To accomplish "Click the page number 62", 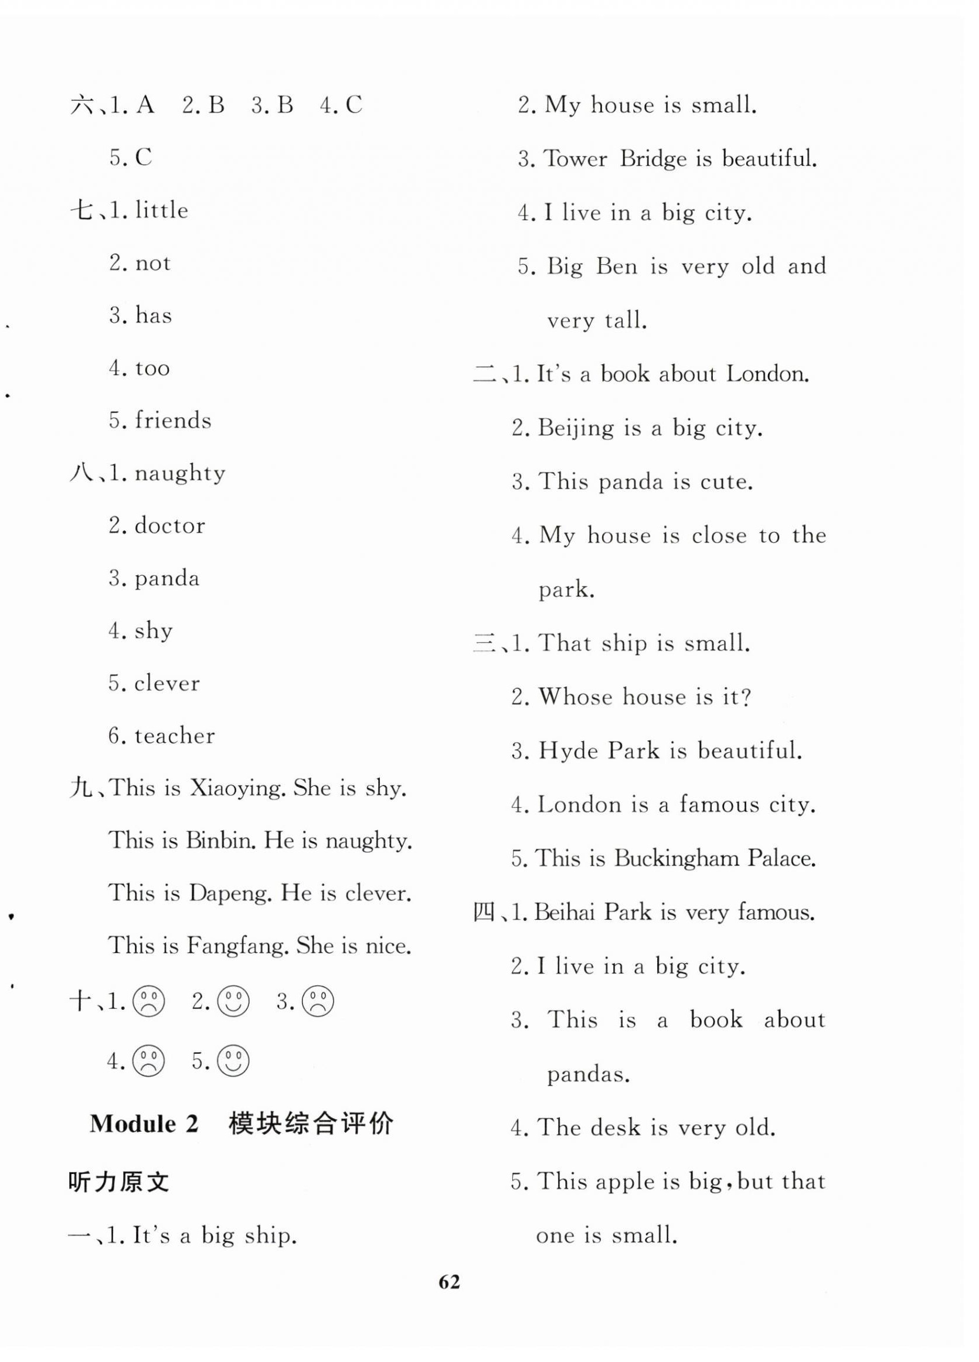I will pyautogui.click(x=449, y=1282).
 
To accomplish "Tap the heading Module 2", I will pyautogui.click(x=144, y=1123).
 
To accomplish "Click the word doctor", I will pyautogui.click(x=169, y=526).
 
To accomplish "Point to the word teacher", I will pyautogui.click(x=174, y=736).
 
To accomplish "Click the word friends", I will pyautogui.click(x=173, y=421).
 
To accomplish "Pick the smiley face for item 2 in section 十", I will pyautogui.click(x=233, y=1001).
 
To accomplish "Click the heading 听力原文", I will pyautogui.click(x=119, y=1182).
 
